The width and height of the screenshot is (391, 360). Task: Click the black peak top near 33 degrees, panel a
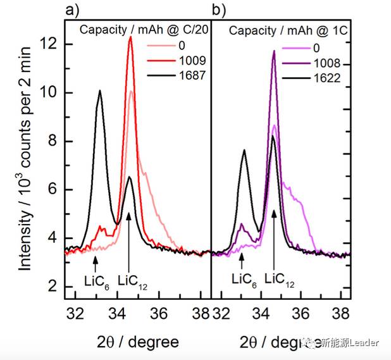[x=99, y=90]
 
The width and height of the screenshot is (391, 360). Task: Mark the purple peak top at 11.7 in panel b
[x=274, y=51]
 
